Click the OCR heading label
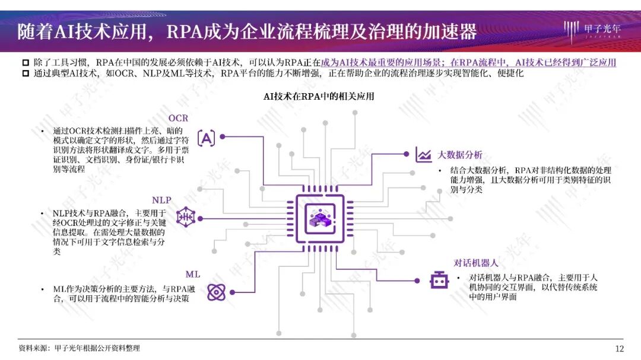tap(178, 118)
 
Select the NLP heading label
tap(161, 200)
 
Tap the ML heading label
tap(192, 274)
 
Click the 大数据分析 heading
tap(460, 155)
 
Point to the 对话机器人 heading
tap(475, 263)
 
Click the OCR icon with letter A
tap(206, 138)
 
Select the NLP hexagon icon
tap(185, 218)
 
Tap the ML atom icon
tap(216, 292)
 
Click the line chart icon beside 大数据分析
tap(424, 155)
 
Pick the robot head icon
tap(439, 279)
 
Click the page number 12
tap(620, 348)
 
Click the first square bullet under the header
tap(25, 63)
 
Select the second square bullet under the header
tap(25, 74)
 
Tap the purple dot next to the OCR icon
tap(223, 136)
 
